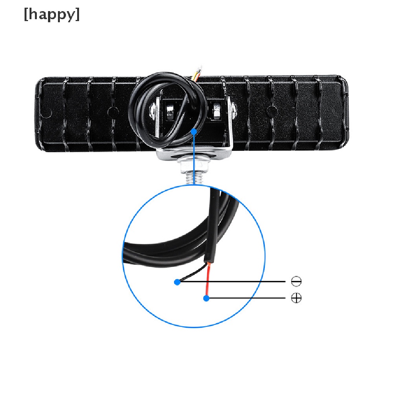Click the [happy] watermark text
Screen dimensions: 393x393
52,15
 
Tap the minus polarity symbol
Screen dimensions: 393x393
296,281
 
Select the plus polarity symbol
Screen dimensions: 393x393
296,298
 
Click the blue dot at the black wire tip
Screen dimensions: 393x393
177,282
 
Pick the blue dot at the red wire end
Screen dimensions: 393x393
206,298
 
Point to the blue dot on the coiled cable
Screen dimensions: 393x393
194,131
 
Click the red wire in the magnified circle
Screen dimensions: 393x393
208,279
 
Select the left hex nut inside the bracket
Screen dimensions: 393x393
170,111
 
